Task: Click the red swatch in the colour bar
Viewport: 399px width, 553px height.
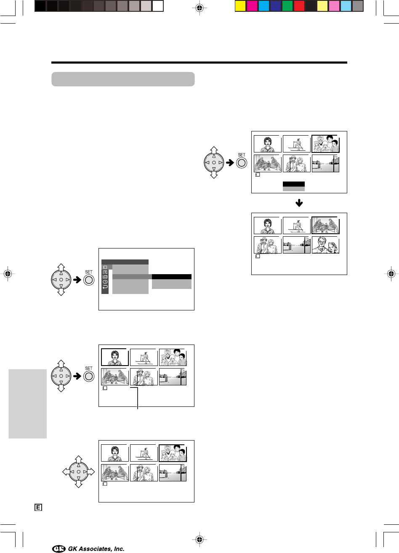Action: pos(299,6)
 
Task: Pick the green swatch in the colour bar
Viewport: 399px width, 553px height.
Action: pos(287,6)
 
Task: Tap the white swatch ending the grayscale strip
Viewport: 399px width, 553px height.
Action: pos(158,6)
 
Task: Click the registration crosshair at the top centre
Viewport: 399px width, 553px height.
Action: pos(199,8)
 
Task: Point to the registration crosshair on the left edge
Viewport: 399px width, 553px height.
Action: pos(8,273)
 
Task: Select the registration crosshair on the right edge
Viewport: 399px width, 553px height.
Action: pos(391,273)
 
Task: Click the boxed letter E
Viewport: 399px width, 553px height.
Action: pos(38,508)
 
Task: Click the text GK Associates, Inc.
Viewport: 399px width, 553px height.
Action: pos(96,549)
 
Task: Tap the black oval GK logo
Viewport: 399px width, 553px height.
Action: pos(59,549)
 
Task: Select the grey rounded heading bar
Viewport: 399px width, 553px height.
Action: pos(123,79)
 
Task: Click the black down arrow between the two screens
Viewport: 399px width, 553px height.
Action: pos(299,203)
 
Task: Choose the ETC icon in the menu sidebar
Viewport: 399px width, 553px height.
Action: pos(105,272)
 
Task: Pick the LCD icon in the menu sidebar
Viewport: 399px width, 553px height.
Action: pos(105,277)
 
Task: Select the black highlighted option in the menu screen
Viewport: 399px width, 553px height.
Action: pos(171,277)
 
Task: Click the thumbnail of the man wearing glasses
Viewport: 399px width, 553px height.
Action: pos(325,245)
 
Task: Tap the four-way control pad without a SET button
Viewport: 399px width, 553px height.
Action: pos(78,472)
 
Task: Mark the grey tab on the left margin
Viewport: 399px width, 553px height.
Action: pos(27,403)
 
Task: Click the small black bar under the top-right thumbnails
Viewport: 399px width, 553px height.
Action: pos(293,184)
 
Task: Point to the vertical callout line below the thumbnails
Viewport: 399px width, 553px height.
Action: pos(138,398)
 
